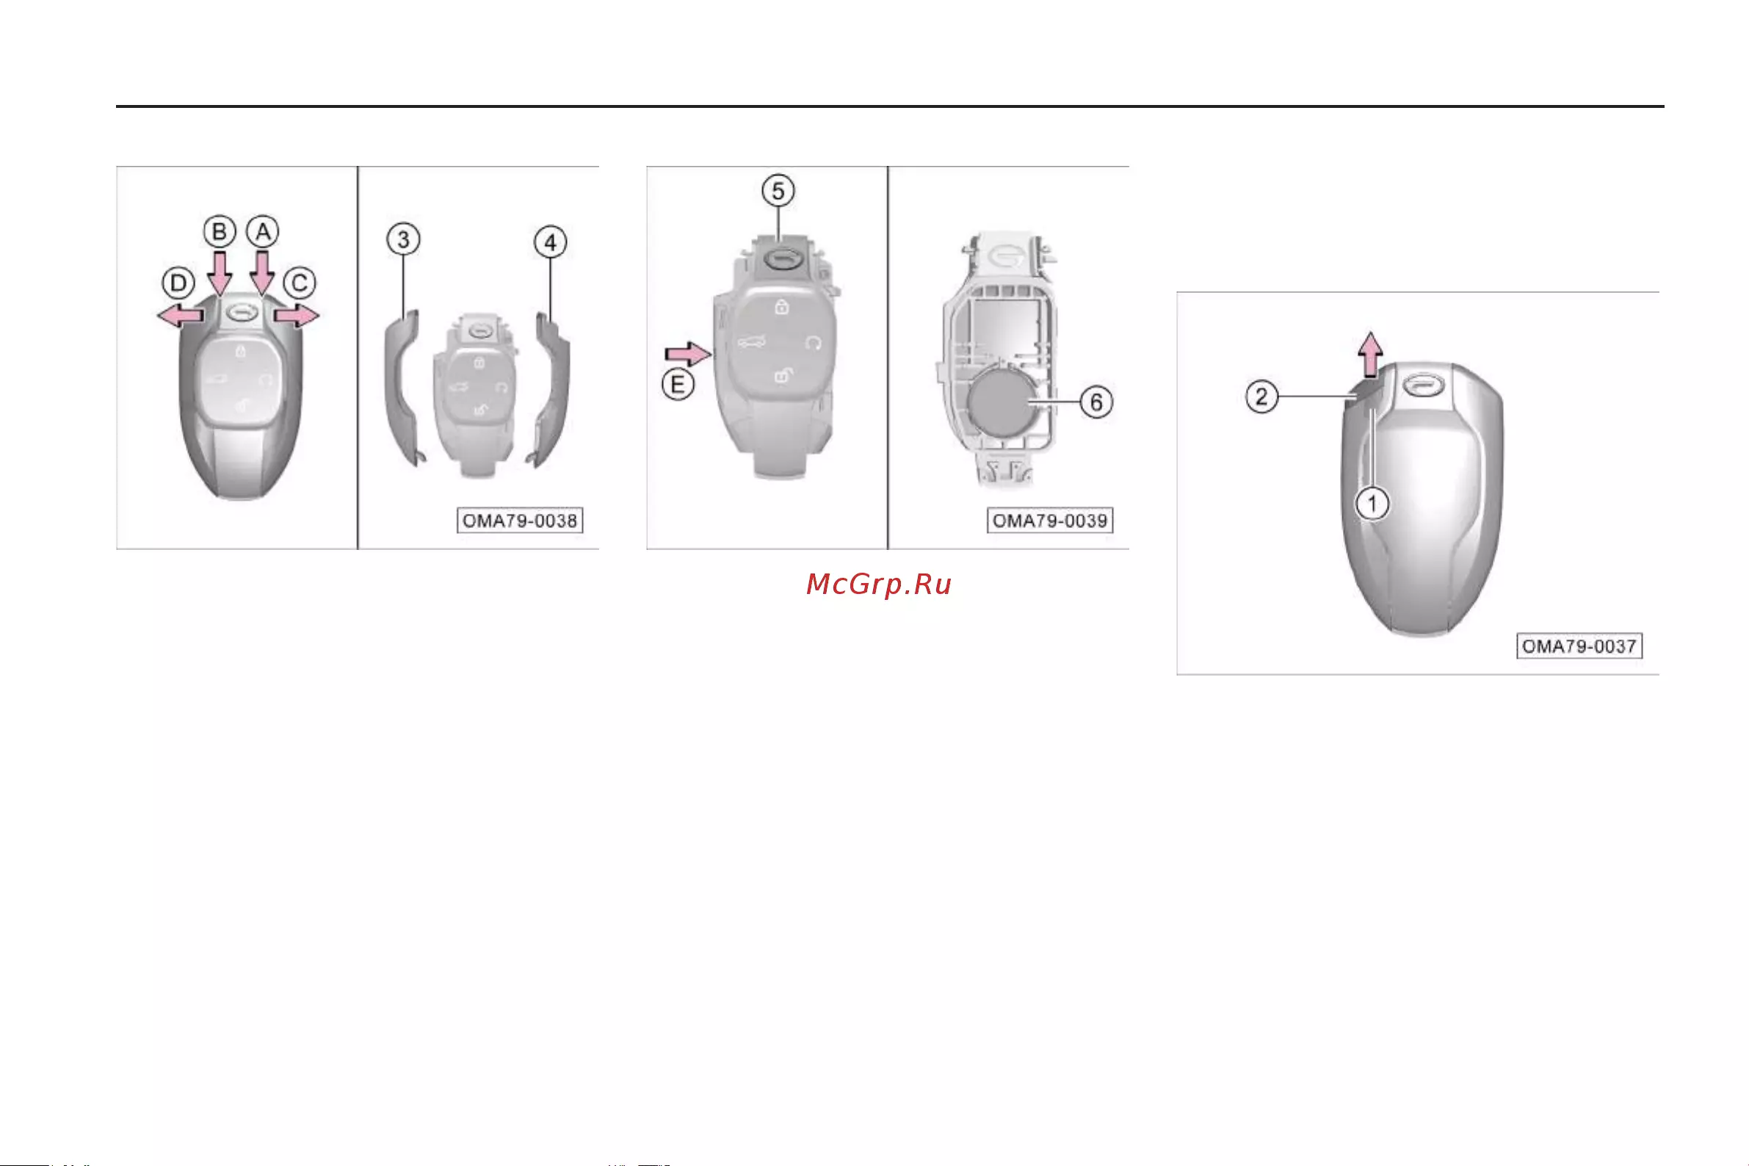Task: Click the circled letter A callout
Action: (x=263, y=232)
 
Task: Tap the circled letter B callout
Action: (x=220, y=232)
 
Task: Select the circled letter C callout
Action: (x=300, y=283)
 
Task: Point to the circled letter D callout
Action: (x=178, y=283)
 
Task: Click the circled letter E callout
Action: (x=678, y=385)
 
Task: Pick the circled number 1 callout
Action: (x=1372, y=504)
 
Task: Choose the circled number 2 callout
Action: (x=1261, y=396)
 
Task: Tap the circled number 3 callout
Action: (x=403, y=239)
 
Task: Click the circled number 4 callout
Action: (x=550, y=242)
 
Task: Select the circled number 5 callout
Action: (x=778, y=191)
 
